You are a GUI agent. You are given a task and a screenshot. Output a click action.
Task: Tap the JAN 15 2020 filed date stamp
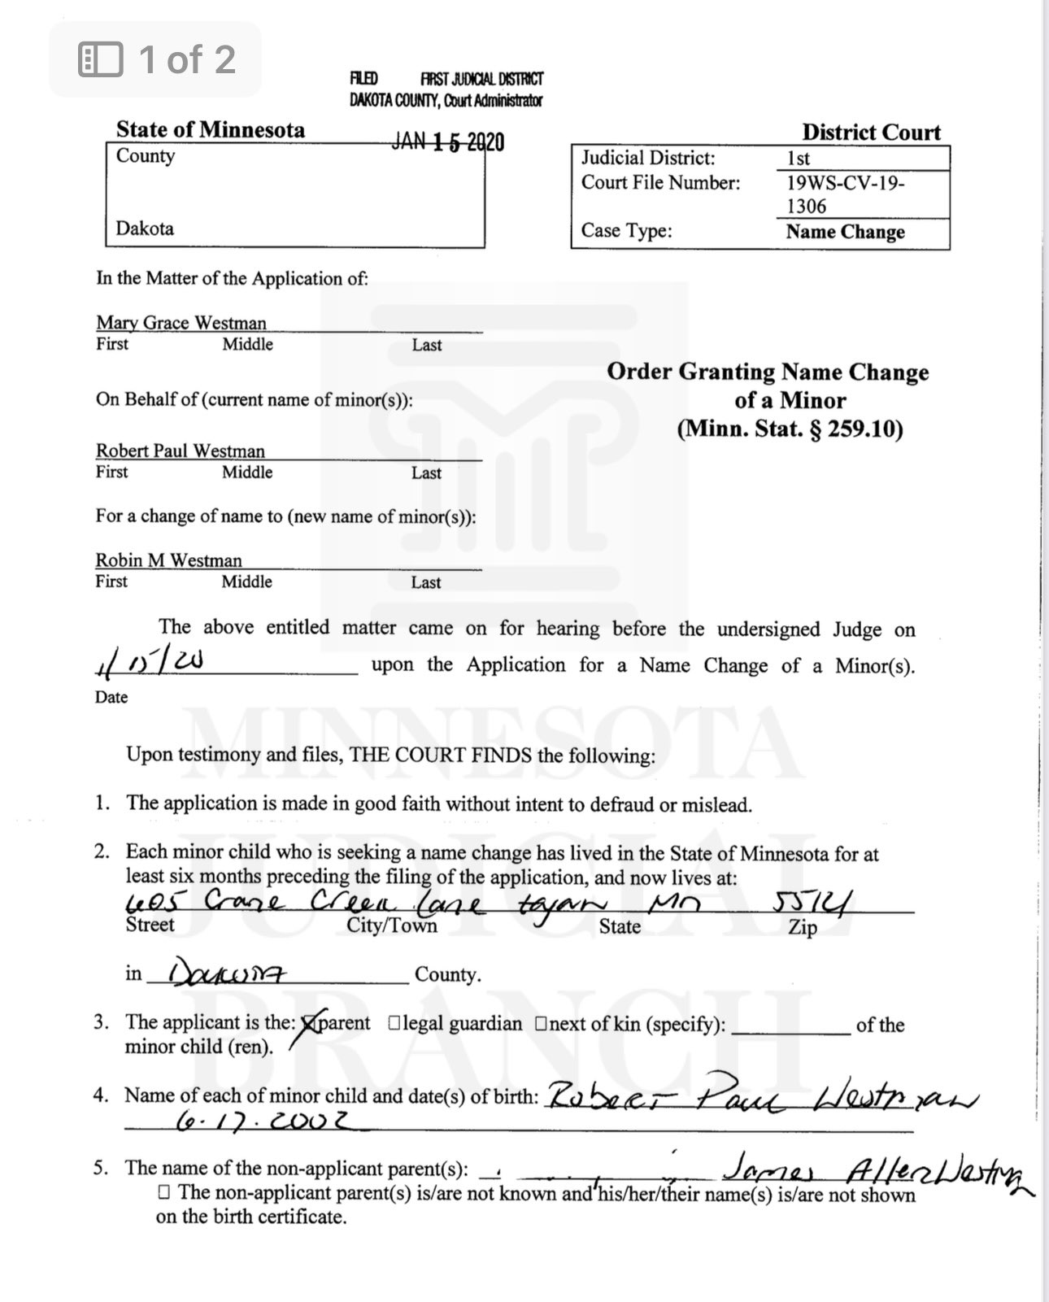pos(448,142)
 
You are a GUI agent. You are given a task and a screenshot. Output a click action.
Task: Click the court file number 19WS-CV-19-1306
pos(846,194)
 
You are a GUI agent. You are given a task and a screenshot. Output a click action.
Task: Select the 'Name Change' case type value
pos(845,232)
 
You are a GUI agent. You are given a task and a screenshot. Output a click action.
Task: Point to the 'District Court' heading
pos(871,132)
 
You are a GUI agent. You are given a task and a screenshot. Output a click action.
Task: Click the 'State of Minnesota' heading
pos(210,129)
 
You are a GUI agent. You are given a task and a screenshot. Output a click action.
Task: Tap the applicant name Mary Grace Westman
pos(181,322)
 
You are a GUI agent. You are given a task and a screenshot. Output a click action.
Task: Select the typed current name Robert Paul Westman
pos(181,451)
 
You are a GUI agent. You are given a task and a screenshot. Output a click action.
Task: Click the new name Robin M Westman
pos(169,560)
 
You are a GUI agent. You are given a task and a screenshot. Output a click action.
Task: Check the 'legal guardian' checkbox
pos(394,1024)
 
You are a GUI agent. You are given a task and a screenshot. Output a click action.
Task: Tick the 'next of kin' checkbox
pos(541,1024)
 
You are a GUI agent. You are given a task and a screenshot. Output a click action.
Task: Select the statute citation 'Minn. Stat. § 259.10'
pos(790,429)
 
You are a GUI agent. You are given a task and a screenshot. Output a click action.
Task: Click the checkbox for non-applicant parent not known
pos(164,1193)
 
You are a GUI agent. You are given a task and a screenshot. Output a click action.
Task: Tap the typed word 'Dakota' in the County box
pos(145,228)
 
